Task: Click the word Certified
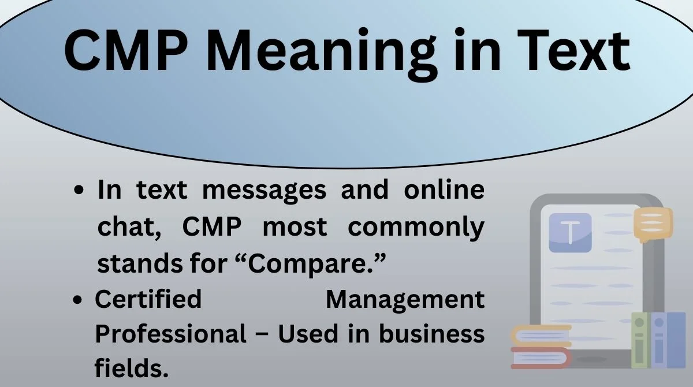(x=148, y=299)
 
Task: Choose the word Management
(x=405, y=299)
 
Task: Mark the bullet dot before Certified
(x=80, y=300)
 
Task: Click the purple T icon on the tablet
(x=570, y=233)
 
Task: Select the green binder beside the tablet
(x=640, y=341)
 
